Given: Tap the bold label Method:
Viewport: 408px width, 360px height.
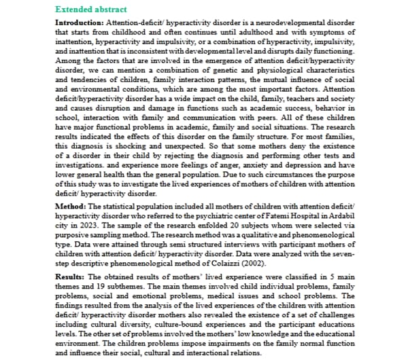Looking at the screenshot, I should click(x=69, y=206).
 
